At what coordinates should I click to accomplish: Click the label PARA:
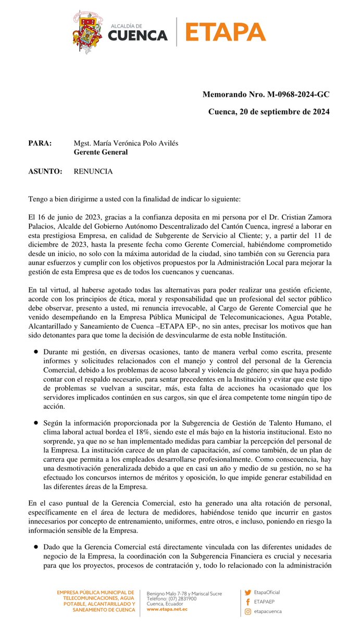coord(40,144)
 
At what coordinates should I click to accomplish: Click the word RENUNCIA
coord(93,171)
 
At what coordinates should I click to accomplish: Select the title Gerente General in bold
coord(101,153)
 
